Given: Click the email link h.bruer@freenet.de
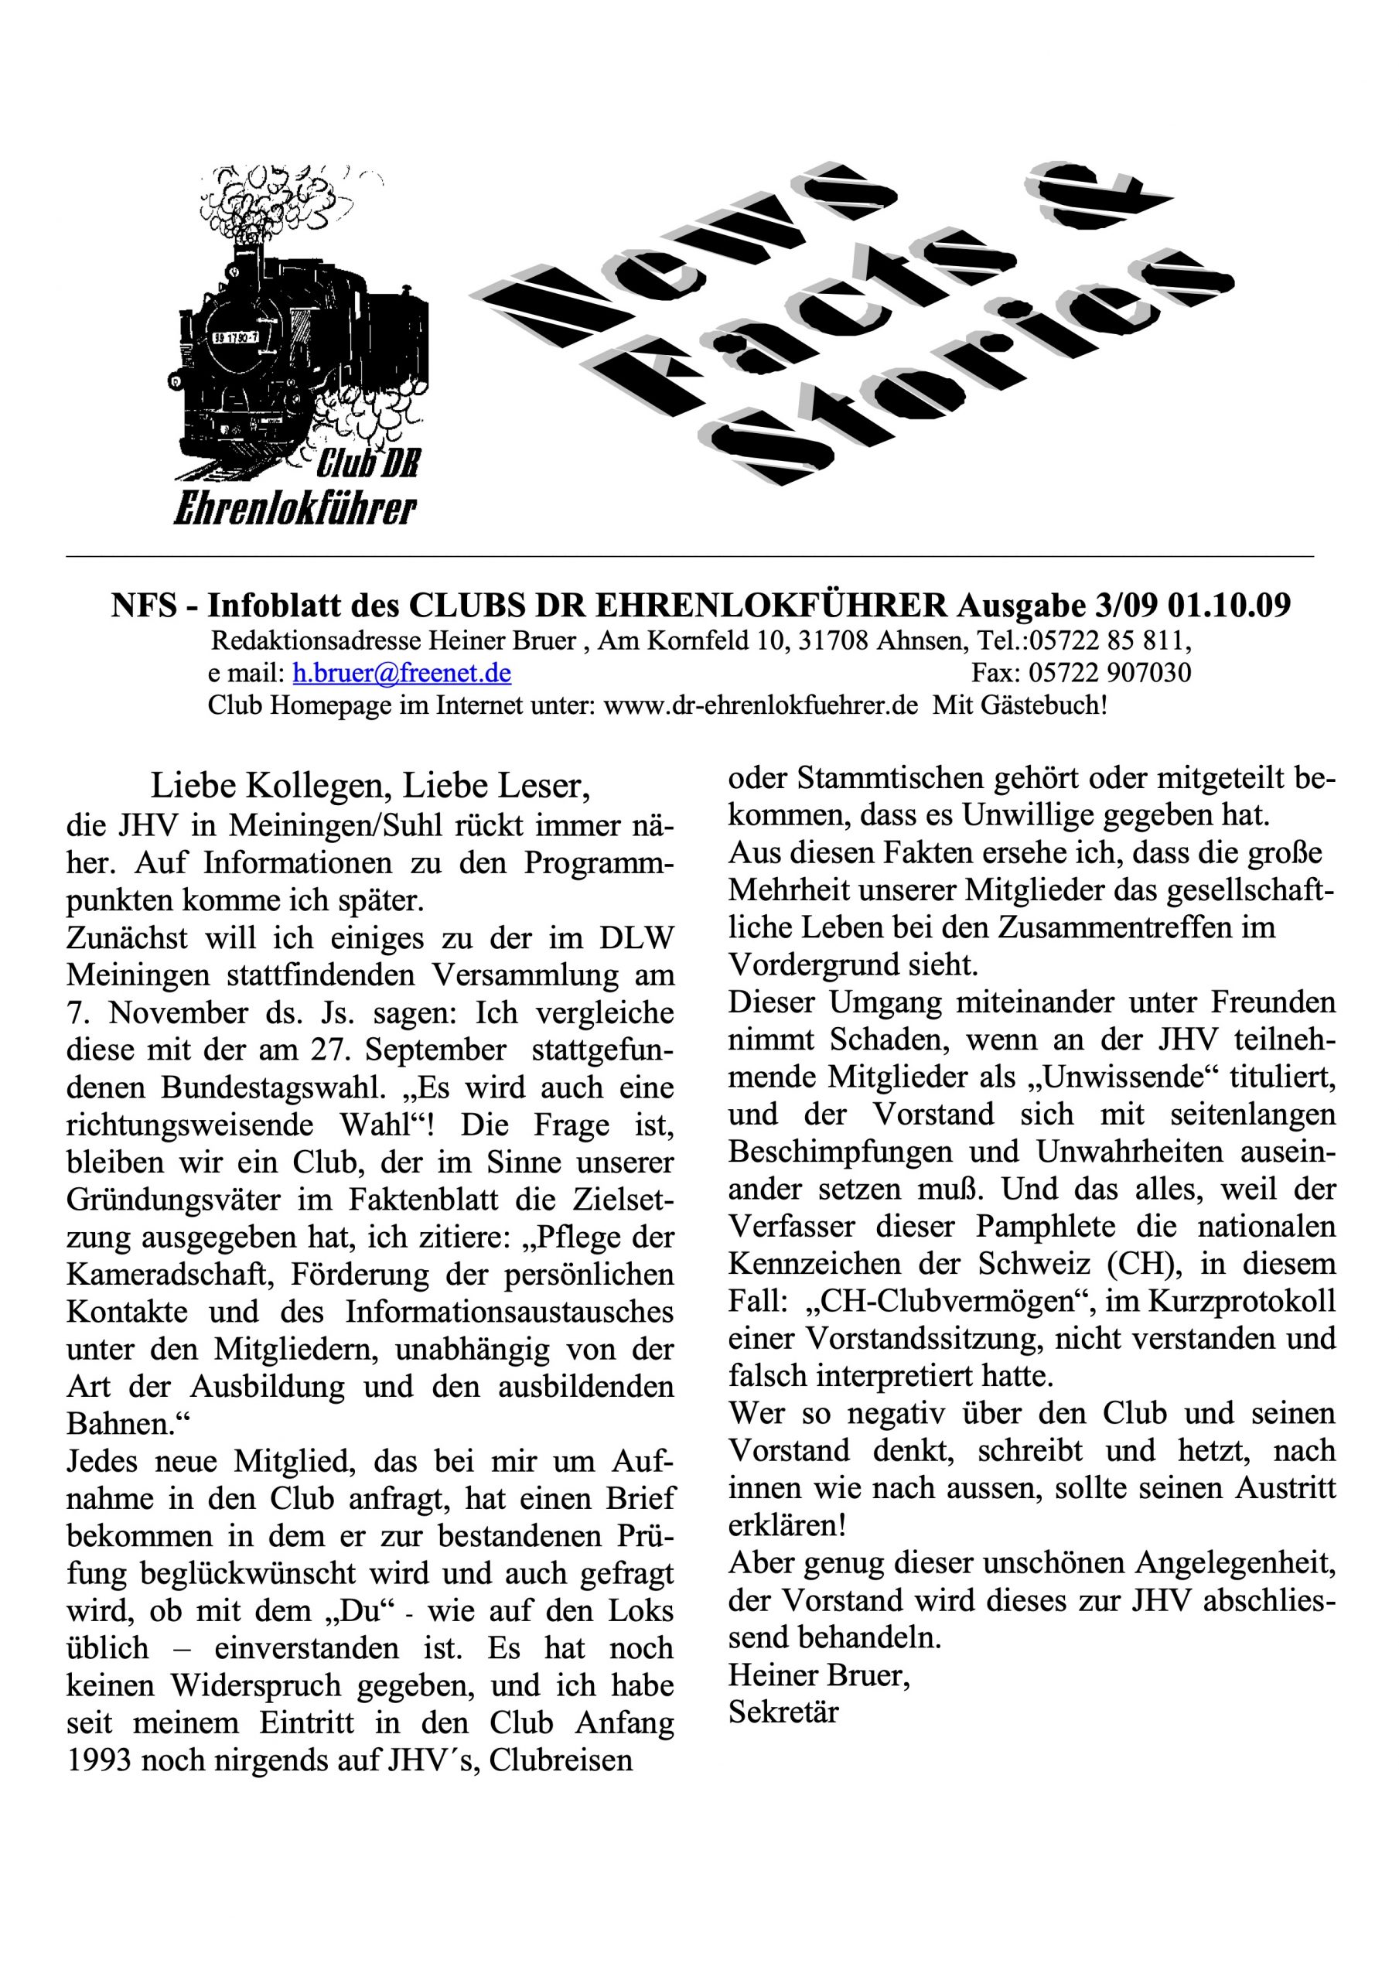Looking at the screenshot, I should click(402, 673).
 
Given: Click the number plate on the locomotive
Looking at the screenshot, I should click(237, 337).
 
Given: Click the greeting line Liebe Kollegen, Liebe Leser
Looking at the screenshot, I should click(371, 786).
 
